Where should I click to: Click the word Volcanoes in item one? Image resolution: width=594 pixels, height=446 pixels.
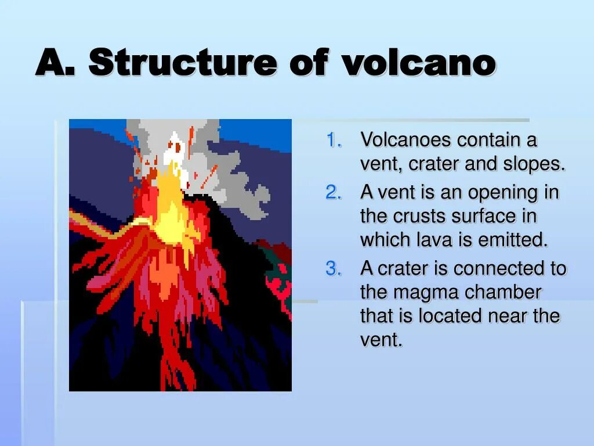tap(405, 140)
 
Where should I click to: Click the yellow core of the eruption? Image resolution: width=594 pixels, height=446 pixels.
tap(168, 209)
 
